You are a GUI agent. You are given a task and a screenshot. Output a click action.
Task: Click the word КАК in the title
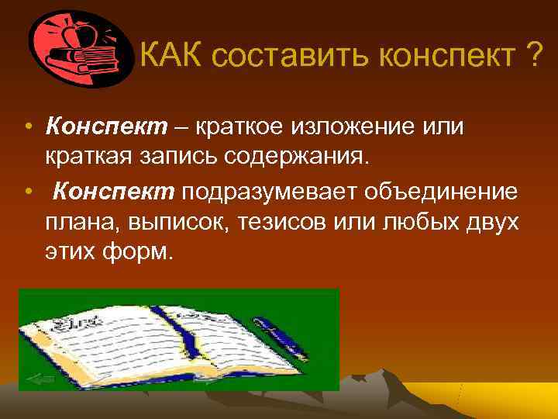pyautogui.click(x=170, y=56)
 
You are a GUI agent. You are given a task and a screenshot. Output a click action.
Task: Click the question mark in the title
pyautogui.click(x=532, y=56)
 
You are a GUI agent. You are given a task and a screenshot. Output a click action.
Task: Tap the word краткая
pyautogui.click(x=95, y=158)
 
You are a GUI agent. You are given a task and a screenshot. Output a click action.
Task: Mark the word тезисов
pyautogui.click(x=281, y=223)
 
